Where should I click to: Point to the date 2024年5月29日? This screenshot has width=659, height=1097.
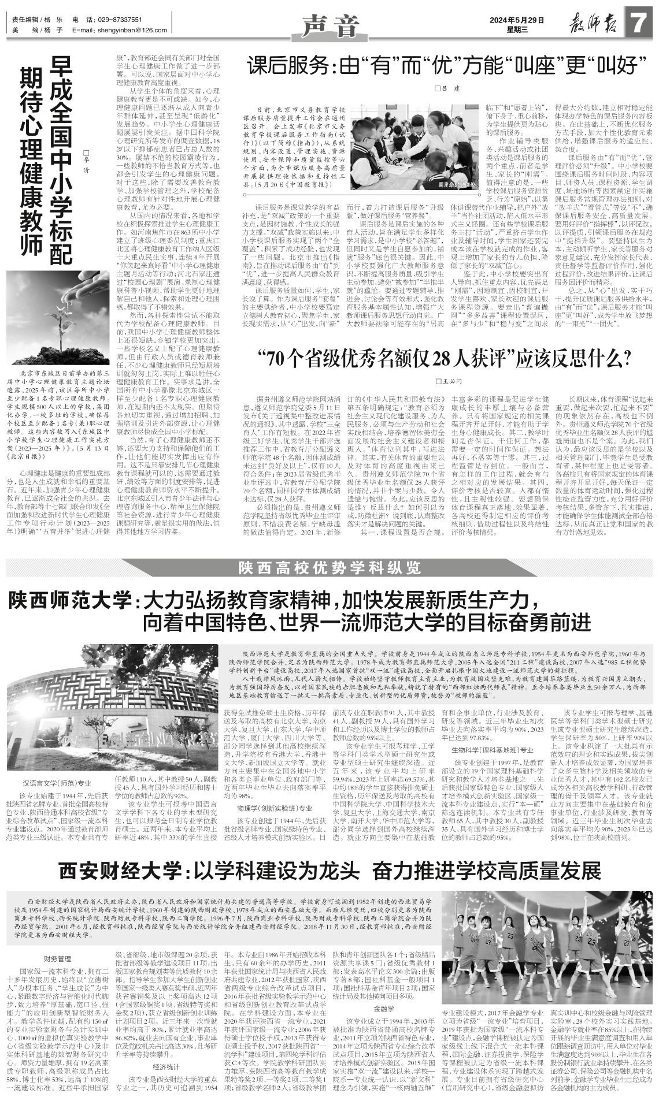517,20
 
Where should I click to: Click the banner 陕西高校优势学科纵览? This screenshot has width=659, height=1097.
330,568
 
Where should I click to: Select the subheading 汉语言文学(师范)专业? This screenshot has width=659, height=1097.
57,784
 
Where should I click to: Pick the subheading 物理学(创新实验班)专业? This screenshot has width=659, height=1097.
274,808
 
